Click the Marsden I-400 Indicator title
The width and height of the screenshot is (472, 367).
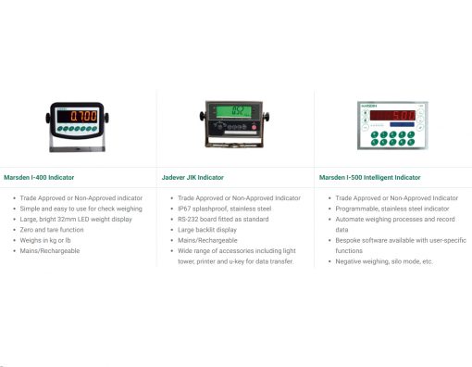tap(39, 177)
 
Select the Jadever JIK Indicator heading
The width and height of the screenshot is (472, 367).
tap(193, 177)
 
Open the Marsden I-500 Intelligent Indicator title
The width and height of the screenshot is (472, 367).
tap(369, 177)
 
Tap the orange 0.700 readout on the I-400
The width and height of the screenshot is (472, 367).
tap(83, 116)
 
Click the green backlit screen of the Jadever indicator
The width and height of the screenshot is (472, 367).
tap(233, 111)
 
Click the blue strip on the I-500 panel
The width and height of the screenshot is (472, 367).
tap(402, 124)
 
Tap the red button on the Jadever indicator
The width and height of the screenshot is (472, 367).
tap(254, 127)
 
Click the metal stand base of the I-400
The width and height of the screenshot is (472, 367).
tap(77, 149)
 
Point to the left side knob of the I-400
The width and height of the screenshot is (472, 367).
tap(48, 118)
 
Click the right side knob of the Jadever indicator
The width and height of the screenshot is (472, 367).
tap(266, 117)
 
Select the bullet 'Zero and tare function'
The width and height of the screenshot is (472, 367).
tap(52, 230)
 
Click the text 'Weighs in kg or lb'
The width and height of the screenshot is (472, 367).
tap(45, 240)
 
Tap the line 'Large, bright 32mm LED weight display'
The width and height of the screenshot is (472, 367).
tap(76, 219)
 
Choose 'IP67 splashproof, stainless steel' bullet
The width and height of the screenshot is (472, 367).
tap(225, 209)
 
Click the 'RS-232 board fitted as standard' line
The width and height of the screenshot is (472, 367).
tap(223, 219)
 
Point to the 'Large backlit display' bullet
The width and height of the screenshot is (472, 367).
tap(207, 230)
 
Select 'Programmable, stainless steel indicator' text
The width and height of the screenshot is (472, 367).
tap(392, 209)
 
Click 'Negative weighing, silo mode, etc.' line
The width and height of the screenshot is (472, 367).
tap(384, 261)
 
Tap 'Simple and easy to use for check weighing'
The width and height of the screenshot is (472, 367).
tap(81, 209)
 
